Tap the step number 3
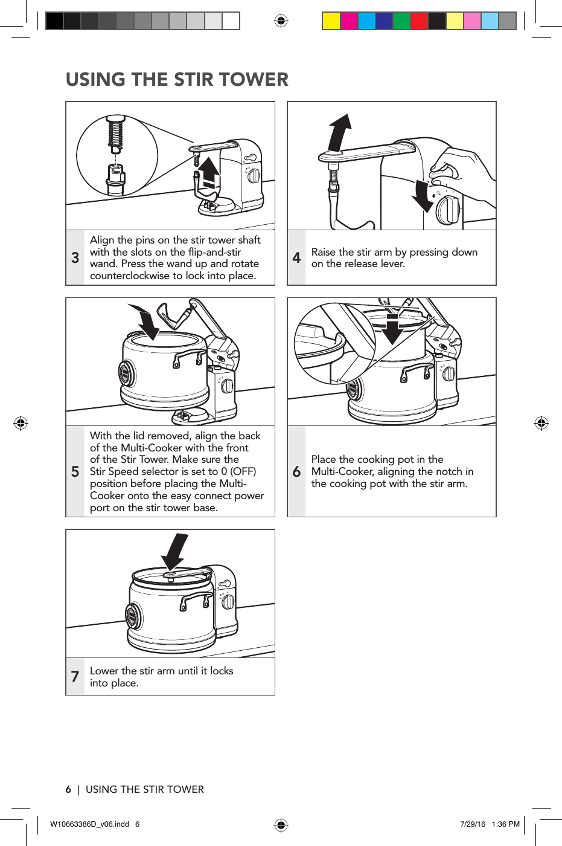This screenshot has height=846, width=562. (75, 258)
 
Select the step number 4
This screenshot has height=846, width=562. (296, 258)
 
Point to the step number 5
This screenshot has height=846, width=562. (75, 472)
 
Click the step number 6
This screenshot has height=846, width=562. (296, 472)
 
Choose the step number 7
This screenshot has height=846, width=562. (75, 677)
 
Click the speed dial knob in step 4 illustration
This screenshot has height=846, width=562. (449, 209)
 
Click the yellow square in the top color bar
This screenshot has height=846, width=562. (331, 21)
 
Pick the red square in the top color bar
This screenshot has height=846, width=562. (419, 21)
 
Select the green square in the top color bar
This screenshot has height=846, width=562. (401, 21)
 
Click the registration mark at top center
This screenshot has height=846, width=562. (281, 21)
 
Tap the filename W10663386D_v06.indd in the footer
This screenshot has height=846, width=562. (89, 824)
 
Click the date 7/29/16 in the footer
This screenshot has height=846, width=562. (472, 824)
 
